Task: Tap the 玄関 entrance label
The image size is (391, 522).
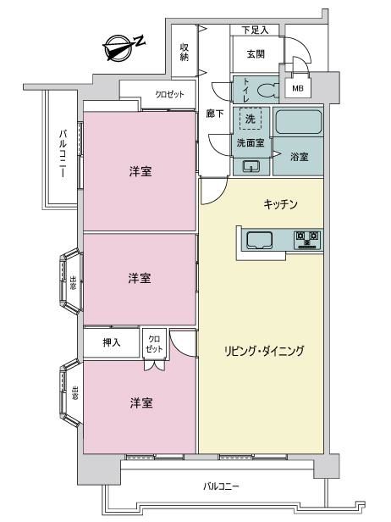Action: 256,53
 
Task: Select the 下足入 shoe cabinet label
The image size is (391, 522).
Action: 255,30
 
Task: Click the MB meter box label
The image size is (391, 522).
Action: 298,88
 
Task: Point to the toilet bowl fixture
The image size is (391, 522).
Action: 268,90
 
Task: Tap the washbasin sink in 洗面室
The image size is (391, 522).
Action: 251,166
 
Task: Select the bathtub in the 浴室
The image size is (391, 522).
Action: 300,122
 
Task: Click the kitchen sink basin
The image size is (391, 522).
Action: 259,240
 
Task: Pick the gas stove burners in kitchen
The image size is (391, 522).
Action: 307,240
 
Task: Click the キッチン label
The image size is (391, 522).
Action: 280,203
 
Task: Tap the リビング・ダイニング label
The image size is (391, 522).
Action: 264,351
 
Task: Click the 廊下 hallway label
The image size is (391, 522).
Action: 215,114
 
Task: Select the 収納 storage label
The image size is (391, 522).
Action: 184,52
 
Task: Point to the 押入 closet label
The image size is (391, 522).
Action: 112,342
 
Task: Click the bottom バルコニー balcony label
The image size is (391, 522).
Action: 221,486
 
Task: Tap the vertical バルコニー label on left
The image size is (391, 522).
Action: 63,153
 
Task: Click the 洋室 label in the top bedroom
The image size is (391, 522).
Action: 140,172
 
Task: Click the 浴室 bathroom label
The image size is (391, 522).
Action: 300,157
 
